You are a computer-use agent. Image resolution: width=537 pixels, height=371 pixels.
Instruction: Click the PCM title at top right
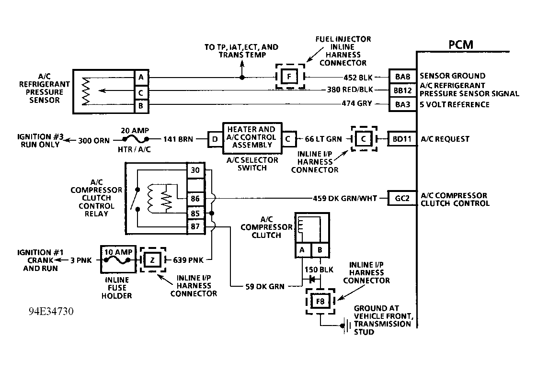(x=461, y=45)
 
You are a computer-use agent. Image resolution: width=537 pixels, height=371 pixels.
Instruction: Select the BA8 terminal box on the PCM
(x=402, y=76)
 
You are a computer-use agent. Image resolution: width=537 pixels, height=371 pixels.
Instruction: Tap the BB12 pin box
(x=402, y=90)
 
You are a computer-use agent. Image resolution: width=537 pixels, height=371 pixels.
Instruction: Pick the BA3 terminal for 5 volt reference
(x=402, y=104)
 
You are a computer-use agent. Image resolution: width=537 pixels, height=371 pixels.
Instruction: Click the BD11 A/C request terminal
(x=402, y=139)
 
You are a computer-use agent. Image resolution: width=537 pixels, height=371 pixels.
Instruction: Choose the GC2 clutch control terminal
(x=402, y=198)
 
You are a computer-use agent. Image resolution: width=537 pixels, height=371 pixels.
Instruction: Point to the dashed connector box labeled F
(x=290, y=76)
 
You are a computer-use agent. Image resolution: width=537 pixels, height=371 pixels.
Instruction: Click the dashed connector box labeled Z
(x=153, y=260)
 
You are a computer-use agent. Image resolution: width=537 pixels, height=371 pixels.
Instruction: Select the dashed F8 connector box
(x=320, y=301)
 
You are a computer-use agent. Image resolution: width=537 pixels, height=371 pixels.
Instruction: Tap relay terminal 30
(x=195, y=170)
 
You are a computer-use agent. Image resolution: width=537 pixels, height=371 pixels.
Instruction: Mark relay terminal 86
(x=195, y=199)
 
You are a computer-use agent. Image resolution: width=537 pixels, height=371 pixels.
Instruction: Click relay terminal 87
(x=195, y=226)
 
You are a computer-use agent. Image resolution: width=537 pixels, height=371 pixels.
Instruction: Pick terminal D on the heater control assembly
(x=215, y=139)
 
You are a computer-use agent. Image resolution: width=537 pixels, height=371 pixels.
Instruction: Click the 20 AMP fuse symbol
(x=135, y=139)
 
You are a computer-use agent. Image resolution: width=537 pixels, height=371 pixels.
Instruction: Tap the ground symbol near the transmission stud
(x=345, y=326)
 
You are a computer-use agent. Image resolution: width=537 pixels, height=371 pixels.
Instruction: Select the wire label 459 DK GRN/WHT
(x=345, y=198)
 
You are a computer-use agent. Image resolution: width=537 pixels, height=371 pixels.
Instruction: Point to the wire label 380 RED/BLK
(x=350, y=90)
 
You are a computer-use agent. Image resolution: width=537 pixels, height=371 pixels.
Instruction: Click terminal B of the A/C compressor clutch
(x=320, y=250)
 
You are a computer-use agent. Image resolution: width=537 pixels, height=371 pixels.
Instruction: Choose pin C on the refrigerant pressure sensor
(x=141, y=92)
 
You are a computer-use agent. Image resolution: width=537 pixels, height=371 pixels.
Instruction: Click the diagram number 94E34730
(x=51, y=312)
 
